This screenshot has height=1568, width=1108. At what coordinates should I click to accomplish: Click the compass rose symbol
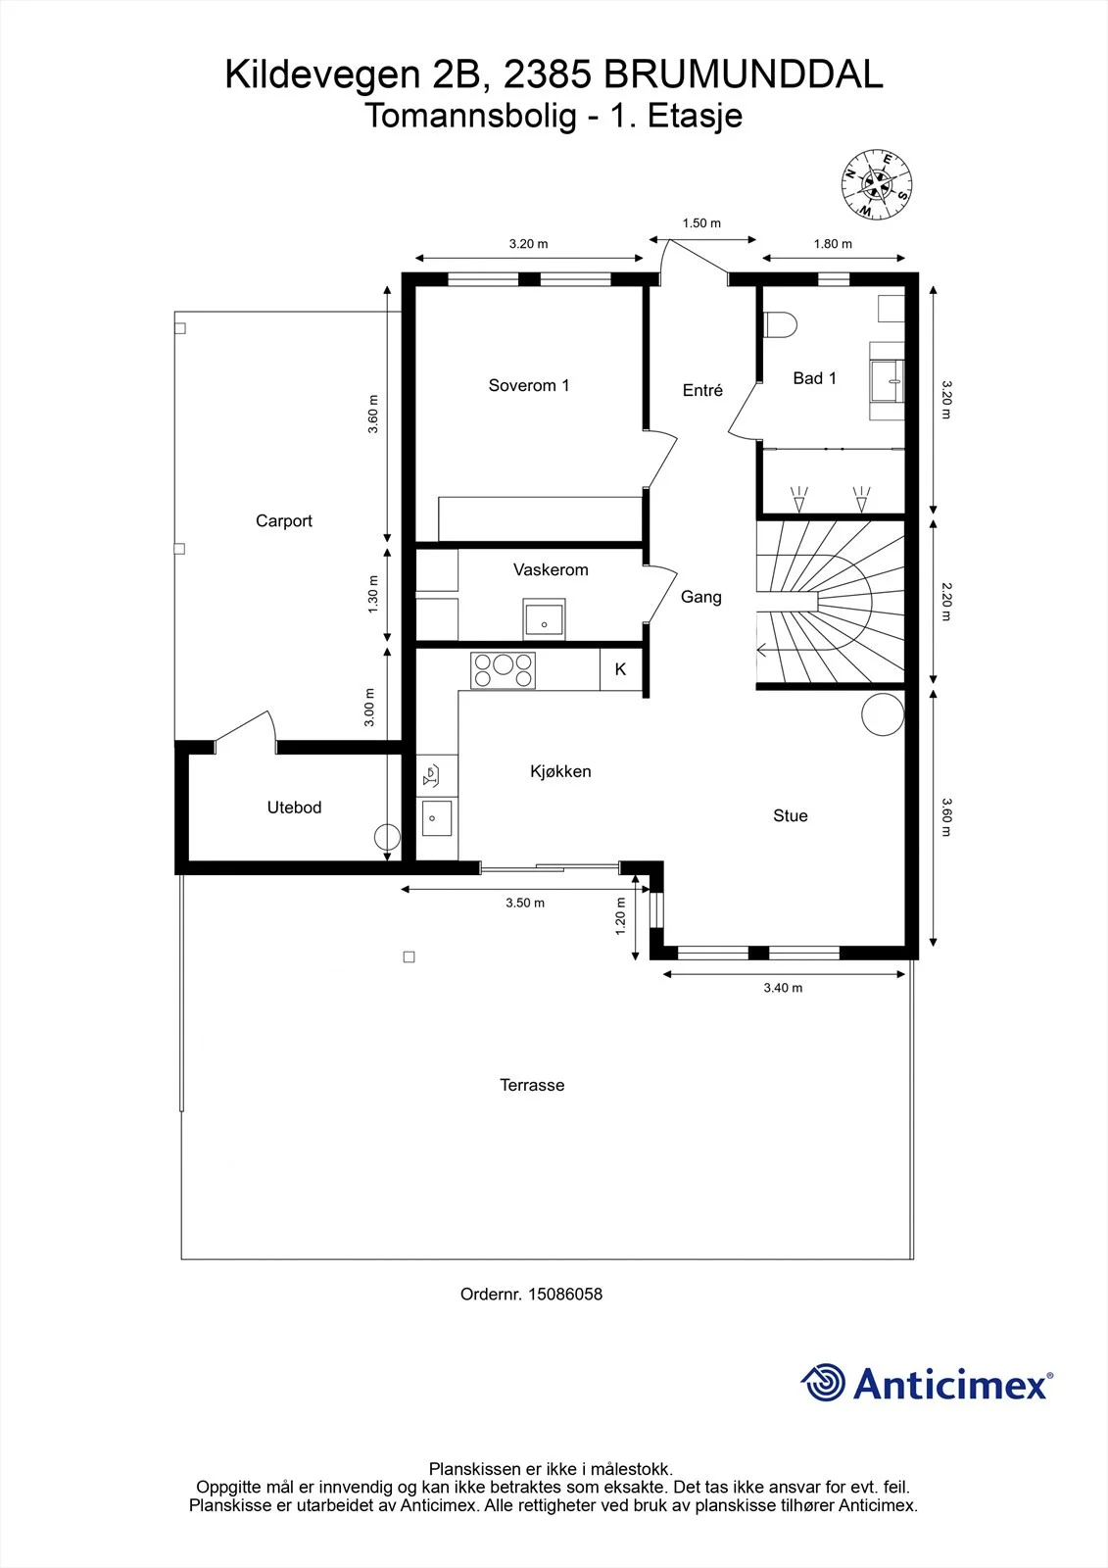(877, 184)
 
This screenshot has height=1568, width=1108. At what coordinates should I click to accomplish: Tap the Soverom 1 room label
(528, 385)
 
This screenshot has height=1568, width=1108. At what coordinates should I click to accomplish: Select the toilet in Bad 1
(781, 325)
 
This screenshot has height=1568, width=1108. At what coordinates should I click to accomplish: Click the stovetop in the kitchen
(503, 670)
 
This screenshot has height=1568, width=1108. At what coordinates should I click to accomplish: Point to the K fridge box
(620, 670)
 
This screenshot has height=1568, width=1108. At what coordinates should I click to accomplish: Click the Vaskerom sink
(544, 618)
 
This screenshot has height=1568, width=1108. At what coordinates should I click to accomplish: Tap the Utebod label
(294, 808)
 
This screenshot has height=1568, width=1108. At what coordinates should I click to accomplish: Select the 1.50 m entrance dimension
(701, 223)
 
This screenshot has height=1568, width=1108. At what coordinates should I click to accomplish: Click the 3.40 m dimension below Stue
(783, 988)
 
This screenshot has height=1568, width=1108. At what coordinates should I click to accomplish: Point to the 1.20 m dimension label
(620, 916)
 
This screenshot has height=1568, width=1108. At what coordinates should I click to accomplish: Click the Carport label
(283, 520)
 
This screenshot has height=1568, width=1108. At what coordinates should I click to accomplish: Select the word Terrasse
(532, 1085)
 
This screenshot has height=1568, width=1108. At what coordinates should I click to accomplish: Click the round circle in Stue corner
(883, 714)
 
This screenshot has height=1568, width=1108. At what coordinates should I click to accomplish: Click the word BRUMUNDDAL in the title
(744, 74)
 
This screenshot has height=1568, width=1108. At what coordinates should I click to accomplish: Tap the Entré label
(702, 390)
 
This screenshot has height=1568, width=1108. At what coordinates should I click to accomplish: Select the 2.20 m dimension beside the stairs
(945, 602)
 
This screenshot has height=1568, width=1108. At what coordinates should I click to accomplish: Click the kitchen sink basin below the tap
(436, 817)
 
